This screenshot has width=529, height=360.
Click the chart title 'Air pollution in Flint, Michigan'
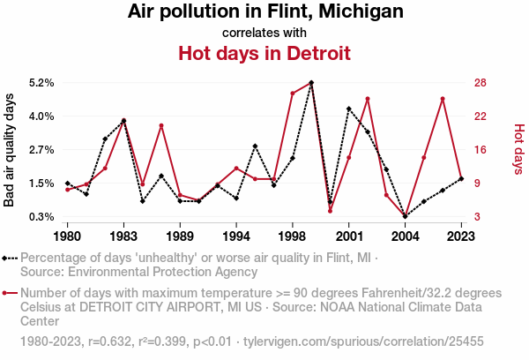264,12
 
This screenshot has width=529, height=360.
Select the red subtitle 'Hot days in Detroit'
264,53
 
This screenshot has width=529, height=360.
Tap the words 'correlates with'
264,33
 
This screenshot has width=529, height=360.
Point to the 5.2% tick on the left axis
42,83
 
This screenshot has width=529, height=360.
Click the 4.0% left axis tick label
42,116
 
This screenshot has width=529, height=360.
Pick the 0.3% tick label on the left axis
42,217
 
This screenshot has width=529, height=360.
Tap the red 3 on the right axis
476,217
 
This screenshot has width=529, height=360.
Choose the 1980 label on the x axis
68,236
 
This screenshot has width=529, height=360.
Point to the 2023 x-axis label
461,236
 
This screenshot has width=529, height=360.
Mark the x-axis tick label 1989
180,236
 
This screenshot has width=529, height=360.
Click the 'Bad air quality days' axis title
10,149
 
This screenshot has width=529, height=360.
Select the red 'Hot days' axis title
518,149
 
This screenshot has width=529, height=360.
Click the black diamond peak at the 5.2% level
311,83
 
